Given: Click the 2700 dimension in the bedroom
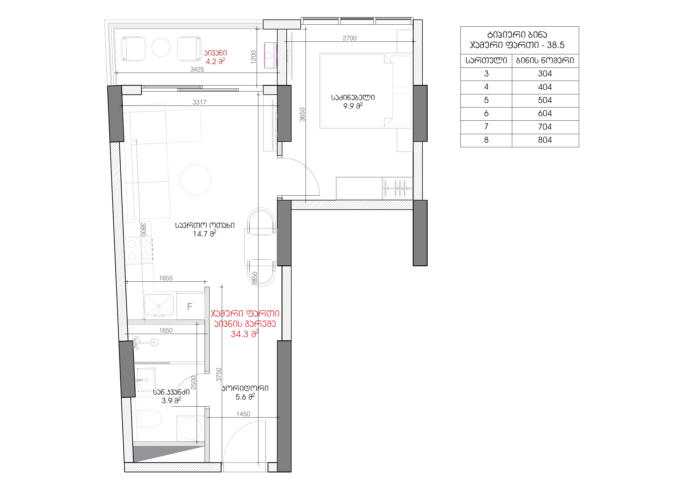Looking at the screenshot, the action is pos(350,38).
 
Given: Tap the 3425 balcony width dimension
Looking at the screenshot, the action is pos(197,69).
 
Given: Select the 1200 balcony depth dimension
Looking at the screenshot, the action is pos(253,57).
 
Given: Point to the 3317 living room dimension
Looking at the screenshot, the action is pos(199,102).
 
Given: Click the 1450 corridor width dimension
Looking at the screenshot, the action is pos(243,414).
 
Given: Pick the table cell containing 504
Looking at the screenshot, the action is pos(545,100).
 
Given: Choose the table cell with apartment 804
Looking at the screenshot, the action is pos(545,140).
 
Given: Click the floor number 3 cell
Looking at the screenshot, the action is pos(486,74).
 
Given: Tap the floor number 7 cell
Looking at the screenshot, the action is pos(486,127).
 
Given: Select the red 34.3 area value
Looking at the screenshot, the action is pos(245,334).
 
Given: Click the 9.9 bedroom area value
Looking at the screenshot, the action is pos(353,106).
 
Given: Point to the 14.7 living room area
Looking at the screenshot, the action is pos(204,234).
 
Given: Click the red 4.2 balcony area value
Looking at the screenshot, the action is pos(215,61).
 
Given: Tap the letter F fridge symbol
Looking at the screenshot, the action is pos(190,307).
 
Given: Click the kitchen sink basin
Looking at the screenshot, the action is pos(159,306).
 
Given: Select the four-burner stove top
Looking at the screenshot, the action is pos(138,251).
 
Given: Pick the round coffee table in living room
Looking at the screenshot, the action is pos(196,180).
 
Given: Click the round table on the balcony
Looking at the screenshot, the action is pos(161,47).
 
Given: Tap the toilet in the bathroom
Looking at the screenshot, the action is pos(150,418).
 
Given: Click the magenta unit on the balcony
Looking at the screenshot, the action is pos(270,55).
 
